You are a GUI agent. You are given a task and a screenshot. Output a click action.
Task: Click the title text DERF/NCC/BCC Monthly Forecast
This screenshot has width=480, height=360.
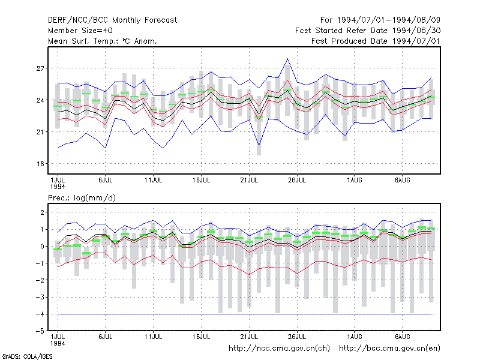click(112, 20)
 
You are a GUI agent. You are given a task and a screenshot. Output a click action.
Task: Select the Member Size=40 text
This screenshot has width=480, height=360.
click(80, 31)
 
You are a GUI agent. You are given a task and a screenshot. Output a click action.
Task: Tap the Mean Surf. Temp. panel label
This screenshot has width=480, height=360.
click(102, 41)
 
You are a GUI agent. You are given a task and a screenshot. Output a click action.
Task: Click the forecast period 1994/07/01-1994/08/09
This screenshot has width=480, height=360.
click(380, 20)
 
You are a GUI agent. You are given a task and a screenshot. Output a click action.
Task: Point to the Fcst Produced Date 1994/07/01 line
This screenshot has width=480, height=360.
click(376, 41)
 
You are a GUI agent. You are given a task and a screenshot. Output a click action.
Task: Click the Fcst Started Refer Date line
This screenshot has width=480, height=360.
click(368, 31)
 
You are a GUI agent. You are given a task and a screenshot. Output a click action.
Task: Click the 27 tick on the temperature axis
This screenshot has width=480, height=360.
click(40, 68)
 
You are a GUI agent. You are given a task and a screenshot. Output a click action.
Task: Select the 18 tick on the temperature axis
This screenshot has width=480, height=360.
click(40, 164)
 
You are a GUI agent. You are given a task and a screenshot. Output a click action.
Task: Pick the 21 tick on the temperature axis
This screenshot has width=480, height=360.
click(40, 132)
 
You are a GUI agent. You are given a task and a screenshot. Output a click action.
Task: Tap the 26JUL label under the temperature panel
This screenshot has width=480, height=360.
click(297, 180)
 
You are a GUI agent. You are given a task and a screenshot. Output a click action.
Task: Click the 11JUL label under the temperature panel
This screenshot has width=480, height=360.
click(153, 180)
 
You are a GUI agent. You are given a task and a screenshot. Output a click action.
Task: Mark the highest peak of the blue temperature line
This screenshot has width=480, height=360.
click(287, 58)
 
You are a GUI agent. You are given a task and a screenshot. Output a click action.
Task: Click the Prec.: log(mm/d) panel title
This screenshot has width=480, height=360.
click(82, 198)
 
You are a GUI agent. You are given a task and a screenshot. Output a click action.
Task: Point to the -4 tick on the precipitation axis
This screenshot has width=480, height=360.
click(40, 314)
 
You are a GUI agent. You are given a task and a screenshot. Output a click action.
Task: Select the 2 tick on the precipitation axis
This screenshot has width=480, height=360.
click(42, 212)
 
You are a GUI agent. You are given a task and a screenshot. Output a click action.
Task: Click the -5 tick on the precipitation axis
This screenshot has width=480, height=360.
click(40, 331)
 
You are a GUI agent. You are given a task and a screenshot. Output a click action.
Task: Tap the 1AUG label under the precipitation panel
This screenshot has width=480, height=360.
click(355, 337)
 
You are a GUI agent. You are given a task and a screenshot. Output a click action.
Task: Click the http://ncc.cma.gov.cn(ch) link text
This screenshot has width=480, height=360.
click(279, 349)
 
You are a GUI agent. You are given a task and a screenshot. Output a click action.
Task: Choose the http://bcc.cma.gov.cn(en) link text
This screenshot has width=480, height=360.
click(389, 349)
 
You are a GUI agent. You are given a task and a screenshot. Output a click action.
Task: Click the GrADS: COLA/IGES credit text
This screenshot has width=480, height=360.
click(27, 356)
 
